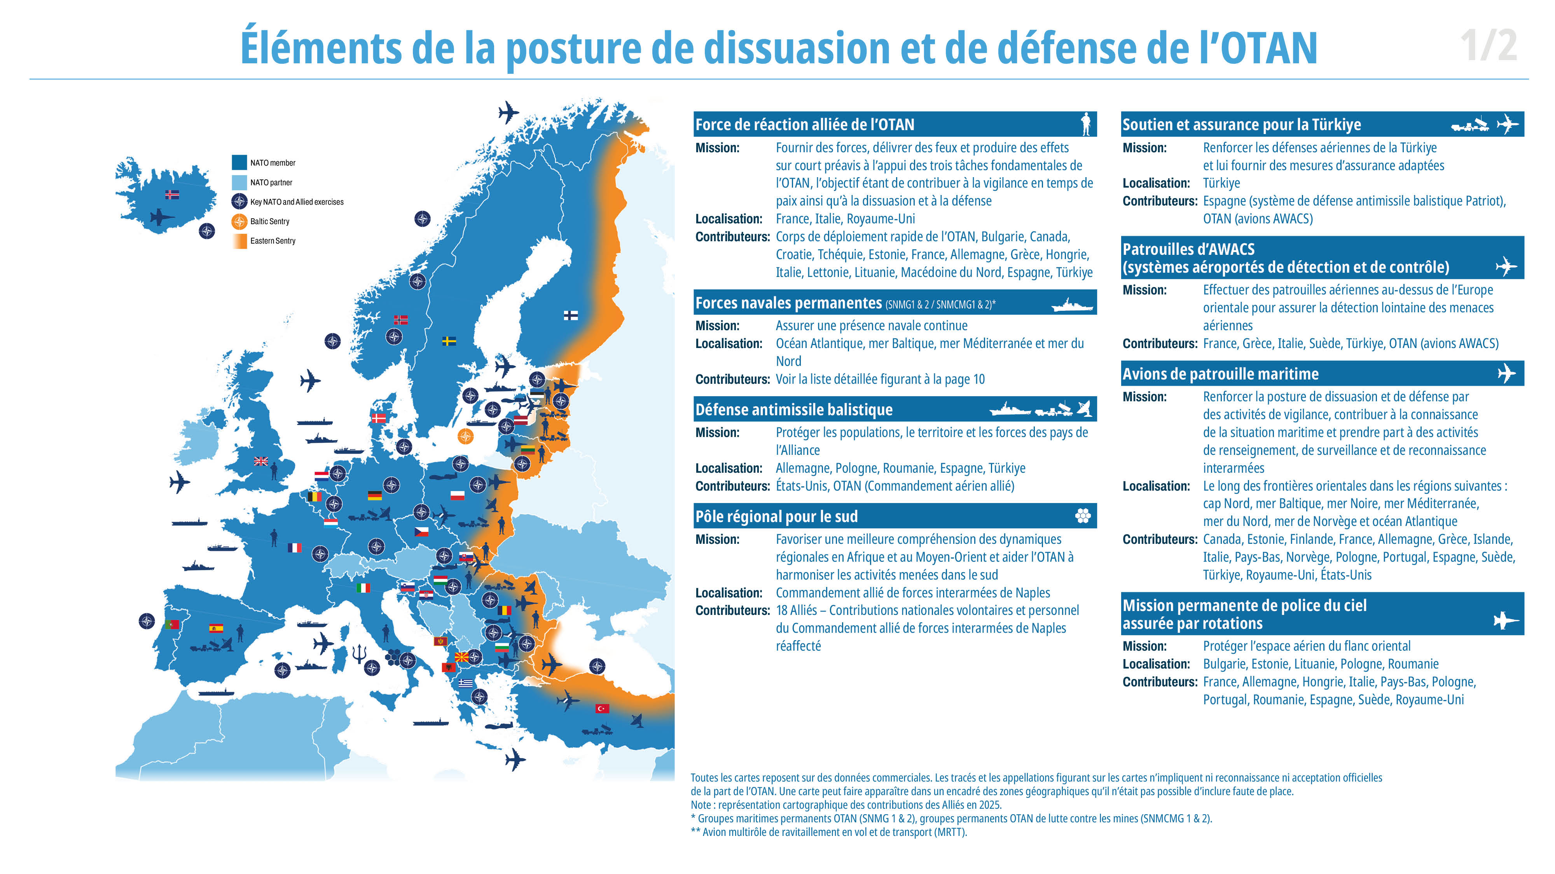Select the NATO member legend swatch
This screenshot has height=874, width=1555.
click(x=239, y=162)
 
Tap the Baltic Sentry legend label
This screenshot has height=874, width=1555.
click(x=270, y=221)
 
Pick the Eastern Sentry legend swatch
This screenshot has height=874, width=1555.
click(x=239, y=241)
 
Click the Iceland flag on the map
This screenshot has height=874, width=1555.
click(x=172, y=194)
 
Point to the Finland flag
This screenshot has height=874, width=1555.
click(x=570, y=315)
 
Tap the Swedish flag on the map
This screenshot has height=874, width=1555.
click(x=449, y=341)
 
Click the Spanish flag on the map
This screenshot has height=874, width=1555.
click(x=215, y=627)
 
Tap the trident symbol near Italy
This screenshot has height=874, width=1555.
click(x=359, y=653)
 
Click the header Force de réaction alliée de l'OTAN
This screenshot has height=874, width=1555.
click(x=805, y=124)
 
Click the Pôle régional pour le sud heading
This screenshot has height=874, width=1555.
click(x=776, y=516)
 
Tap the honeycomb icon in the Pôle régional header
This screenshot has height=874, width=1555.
click(x=1083, y=516)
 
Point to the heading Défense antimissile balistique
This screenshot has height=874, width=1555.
click(x=794, y=409)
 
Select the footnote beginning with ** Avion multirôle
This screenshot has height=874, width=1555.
click(x=829, y=832)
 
